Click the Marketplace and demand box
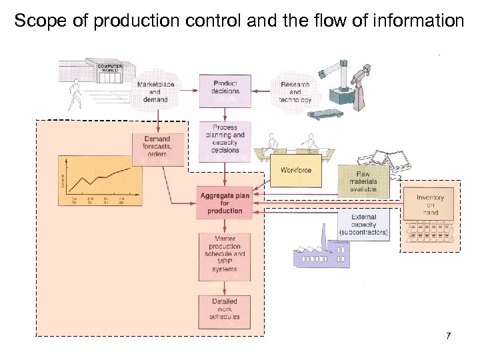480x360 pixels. pos(155,91)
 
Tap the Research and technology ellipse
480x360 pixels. pos(295,91)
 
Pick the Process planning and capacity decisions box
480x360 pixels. pos(225,139)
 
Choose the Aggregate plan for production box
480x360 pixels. pos(225,203)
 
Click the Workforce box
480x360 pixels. pos(295,171)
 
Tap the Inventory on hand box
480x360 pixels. pos(430,205)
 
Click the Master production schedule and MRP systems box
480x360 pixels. pos(225,254)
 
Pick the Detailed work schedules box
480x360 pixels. pos(225,309)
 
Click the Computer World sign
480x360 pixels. pos(109,68)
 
